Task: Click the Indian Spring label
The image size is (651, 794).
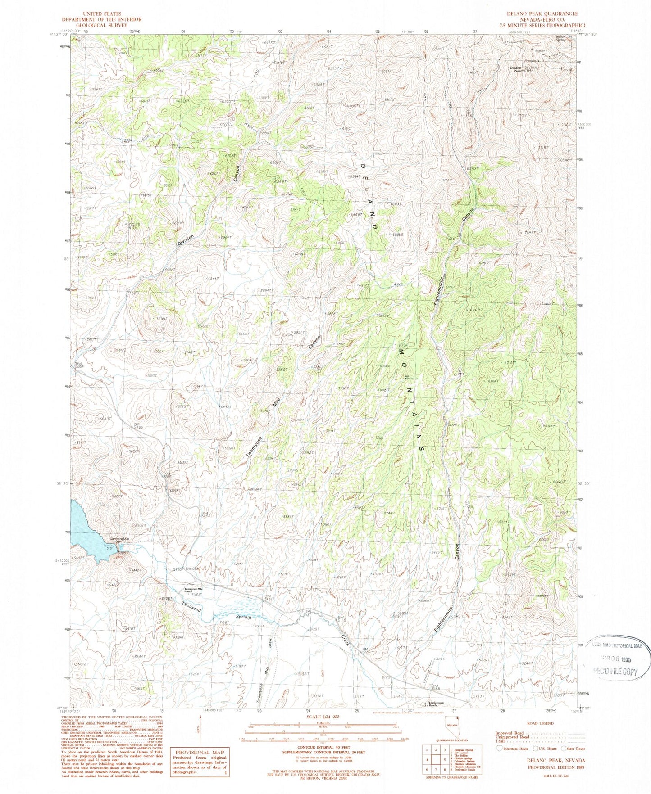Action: pos(561,38)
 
